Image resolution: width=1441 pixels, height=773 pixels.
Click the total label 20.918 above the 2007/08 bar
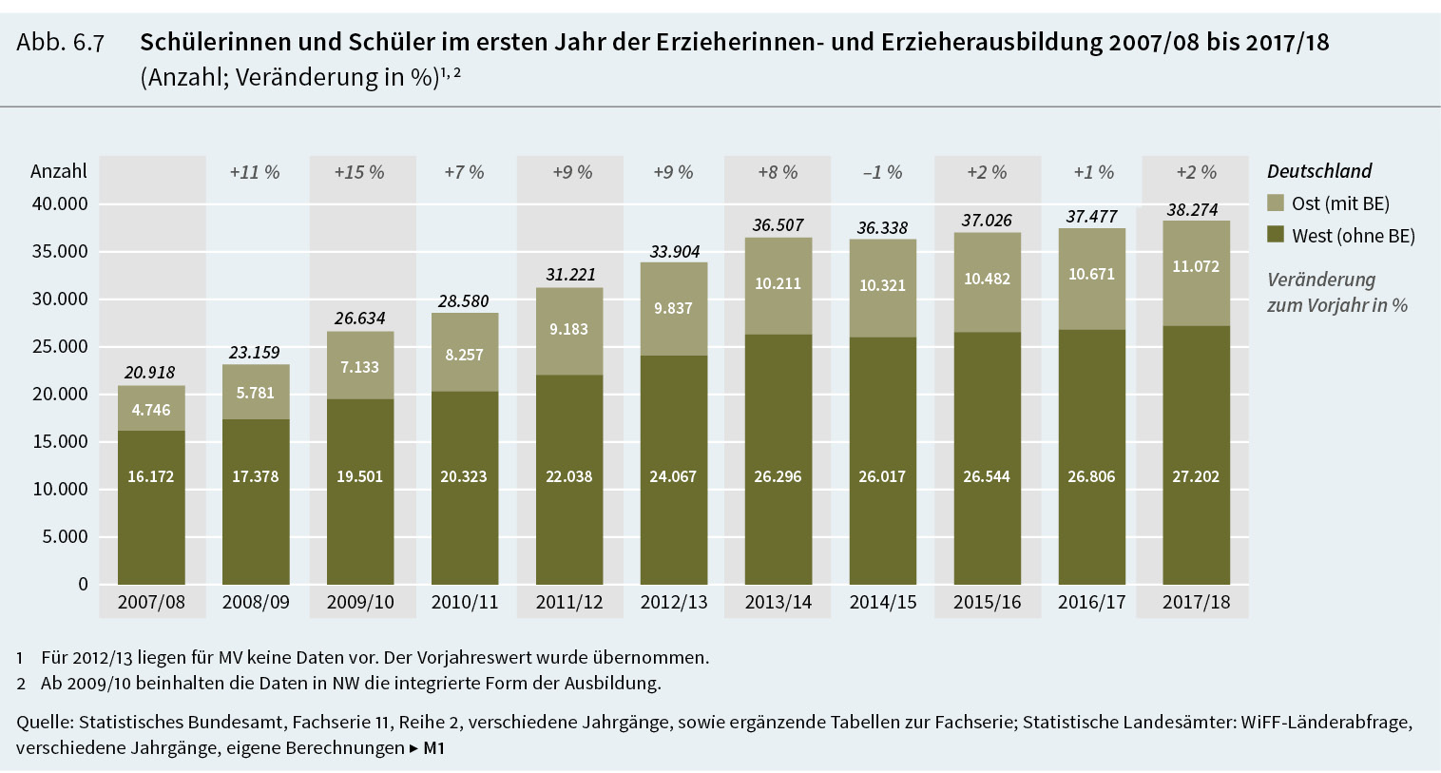tap(149, 373)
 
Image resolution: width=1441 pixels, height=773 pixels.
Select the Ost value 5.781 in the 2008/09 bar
tap(255, 393)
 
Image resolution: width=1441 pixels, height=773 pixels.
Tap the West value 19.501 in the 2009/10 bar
tap(359, 476)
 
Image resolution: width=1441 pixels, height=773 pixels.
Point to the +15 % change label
tap(359, 172)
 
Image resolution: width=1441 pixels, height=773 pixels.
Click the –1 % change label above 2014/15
tap(882, 172)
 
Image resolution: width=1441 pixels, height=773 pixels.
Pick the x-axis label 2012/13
tap(673, 602)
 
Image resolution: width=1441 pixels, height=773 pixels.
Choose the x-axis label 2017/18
tap(1196, 602)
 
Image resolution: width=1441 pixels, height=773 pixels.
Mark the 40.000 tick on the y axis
tap(59, 204)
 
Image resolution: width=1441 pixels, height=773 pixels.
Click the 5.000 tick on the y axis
tap(65, 537)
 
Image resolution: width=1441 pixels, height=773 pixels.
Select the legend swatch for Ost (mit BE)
tap(1276, 203)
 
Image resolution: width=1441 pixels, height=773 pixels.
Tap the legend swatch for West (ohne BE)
tap(1276, 234)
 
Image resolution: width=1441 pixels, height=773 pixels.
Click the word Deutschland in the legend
tap(1319, 171)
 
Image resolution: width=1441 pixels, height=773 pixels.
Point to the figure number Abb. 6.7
tap(60, 43)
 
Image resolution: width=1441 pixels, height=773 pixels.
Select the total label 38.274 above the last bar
tap(1192, 210)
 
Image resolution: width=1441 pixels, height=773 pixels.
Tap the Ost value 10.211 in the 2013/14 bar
tap(778, 283)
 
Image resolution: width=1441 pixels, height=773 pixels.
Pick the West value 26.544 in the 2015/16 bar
tap(987, 476)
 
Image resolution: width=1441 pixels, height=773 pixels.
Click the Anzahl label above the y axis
tap(58, 171)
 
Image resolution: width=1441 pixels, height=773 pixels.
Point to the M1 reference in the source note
tap(433, 748)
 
